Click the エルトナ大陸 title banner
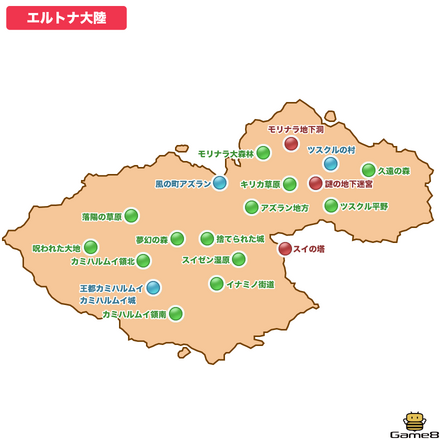[x=66, y=18]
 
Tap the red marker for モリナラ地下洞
[x=291, y=144]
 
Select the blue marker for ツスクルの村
[x=331, y=163]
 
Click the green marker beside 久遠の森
[x=368, y=170]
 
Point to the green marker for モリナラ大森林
[x=263, y=153]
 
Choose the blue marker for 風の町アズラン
[x=220, y=183]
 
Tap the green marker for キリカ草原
[x=289, y=184]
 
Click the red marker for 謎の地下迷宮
[x=316, y=183]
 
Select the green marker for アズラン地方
[x=251, y=207]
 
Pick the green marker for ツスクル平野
[x=331, y=206]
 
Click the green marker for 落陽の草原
[x=131, y=216]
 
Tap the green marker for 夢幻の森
[x=177, y=238]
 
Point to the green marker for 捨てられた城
[x=207, y=238]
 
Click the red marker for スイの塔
[x=285, y=248]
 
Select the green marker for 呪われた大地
[x=91, y=247]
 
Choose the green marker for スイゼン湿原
[x=238, y=259]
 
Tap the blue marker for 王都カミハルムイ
[x=153, y=288]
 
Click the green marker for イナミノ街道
[x=216, y=284]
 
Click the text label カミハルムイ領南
[x=133, y=314]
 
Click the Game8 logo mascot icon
[x=413, y=422]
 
